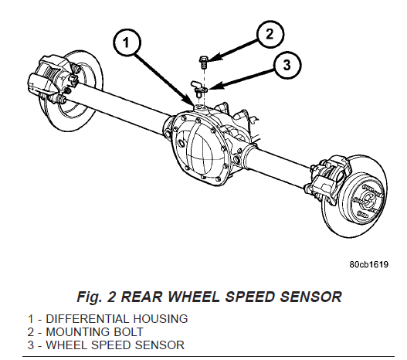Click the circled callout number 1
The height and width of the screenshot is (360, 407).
click(x=127, y=42)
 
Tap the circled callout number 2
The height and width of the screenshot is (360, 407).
click(x=270, y=34)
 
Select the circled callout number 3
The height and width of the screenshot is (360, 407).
click(x=287, y=65)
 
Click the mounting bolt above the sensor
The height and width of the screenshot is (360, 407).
click(x=204, y=63)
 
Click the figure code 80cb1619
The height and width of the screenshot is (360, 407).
click(x=368, y=264)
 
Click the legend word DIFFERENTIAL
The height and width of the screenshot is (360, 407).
click(x=87, y=319)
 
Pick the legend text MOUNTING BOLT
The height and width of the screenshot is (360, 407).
click(x=94, y=332)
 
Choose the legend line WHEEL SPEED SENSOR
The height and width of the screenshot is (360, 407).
click(x=115, y=345)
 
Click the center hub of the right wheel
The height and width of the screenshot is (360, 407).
click(x=368, y=199)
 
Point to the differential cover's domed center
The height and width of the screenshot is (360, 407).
click(x=200, y=153)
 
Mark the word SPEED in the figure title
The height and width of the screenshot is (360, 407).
click(x=249, y=297)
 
